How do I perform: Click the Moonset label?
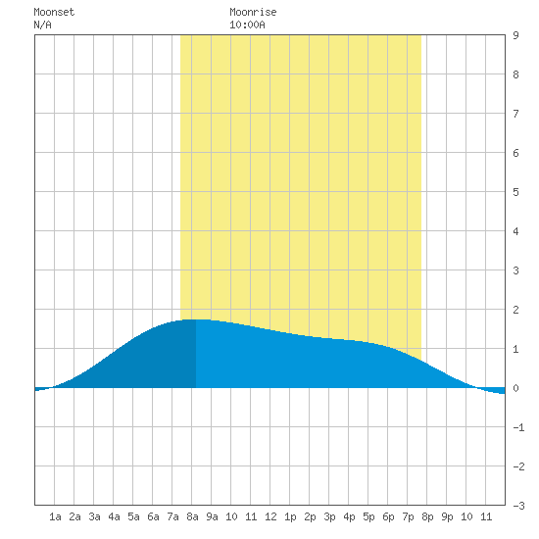54,12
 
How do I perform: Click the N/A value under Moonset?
42,24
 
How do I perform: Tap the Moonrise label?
253,12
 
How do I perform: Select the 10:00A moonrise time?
247,24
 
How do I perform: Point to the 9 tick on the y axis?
515,35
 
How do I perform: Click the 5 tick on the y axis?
515,192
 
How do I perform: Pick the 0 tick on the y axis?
515,388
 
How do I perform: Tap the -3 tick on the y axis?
518,506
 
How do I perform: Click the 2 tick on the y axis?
515,310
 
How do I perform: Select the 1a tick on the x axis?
55,516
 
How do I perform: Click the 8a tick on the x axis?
192,516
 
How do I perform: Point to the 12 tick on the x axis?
270,516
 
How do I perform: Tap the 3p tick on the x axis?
329,516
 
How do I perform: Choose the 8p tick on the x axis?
427,516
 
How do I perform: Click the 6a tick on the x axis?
153,516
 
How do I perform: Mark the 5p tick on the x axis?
368,516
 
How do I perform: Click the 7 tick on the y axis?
515,114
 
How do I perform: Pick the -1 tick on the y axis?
518,427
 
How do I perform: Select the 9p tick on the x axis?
447,516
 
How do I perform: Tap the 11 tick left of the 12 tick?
251,516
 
